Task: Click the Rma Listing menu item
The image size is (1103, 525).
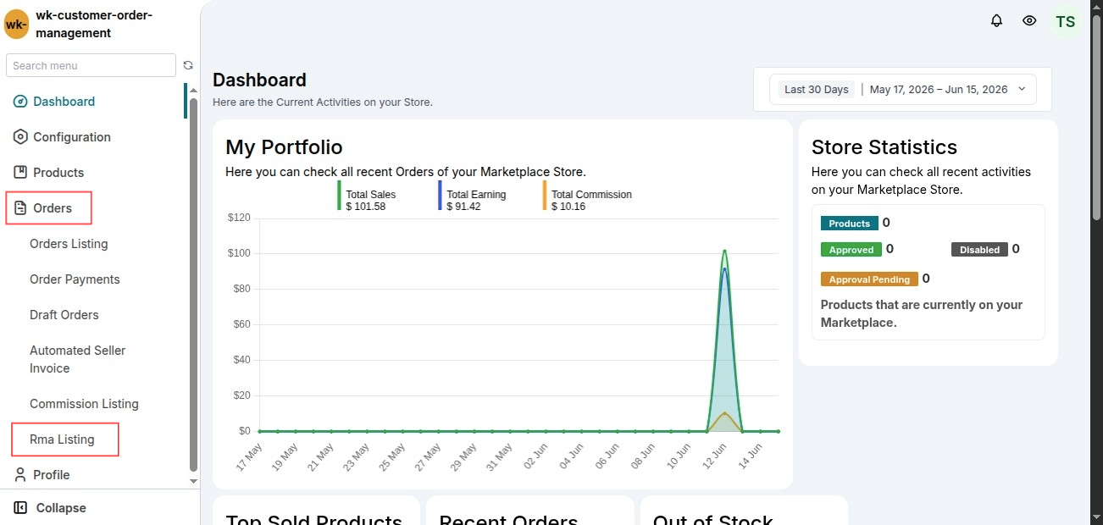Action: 62,439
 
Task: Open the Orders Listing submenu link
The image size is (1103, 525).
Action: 69,244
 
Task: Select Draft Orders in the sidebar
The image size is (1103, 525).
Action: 64,315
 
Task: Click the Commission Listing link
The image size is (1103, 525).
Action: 84,404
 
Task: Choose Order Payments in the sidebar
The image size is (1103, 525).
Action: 75,279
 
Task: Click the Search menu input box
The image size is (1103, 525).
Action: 91,65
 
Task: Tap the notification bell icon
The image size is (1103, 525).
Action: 996,20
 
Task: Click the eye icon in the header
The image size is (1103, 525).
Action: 1029,20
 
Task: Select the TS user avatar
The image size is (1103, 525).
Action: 1065,22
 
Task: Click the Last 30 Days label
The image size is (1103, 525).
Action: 817,90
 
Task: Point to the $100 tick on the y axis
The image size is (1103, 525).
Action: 239,253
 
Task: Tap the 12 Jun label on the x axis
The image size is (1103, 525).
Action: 714,456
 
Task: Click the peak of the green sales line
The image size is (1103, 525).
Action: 724,251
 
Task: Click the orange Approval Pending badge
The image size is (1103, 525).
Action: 869,279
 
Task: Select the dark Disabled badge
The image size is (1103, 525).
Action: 979,250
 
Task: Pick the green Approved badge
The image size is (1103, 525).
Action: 851,250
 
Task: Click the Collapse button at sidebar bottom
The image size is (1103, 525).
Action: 50,508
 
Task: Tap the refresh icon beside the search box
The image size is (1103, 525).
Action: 188,65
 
